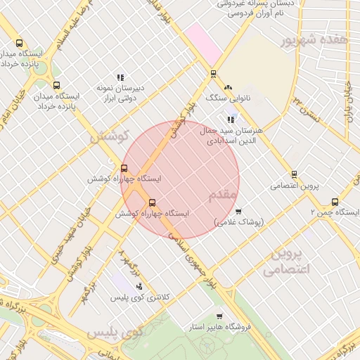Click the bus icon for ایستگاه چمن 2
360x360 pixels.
click(x=335, y=201)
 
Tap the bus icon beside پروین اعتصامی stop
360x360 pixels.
click(x=294, y=174)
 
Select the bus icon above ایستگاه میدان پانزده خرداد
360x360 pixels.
click(x=56, y=85)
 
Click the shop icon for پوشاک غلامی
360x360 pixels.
click(x=238, y=211)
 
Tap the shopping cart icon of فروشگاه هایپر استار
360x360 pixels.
click(x=220, y=316)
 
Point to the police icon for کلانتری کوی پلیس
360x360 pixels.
click(x=139, y=286)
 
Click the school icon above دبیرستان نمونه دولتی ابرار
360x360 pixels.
click(x=120, y=77)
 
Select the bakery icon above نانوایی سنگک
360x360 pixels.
click(x=228, y=87)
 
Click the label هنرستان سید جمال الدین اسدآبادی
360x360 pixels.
click(x=233, y=136)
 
